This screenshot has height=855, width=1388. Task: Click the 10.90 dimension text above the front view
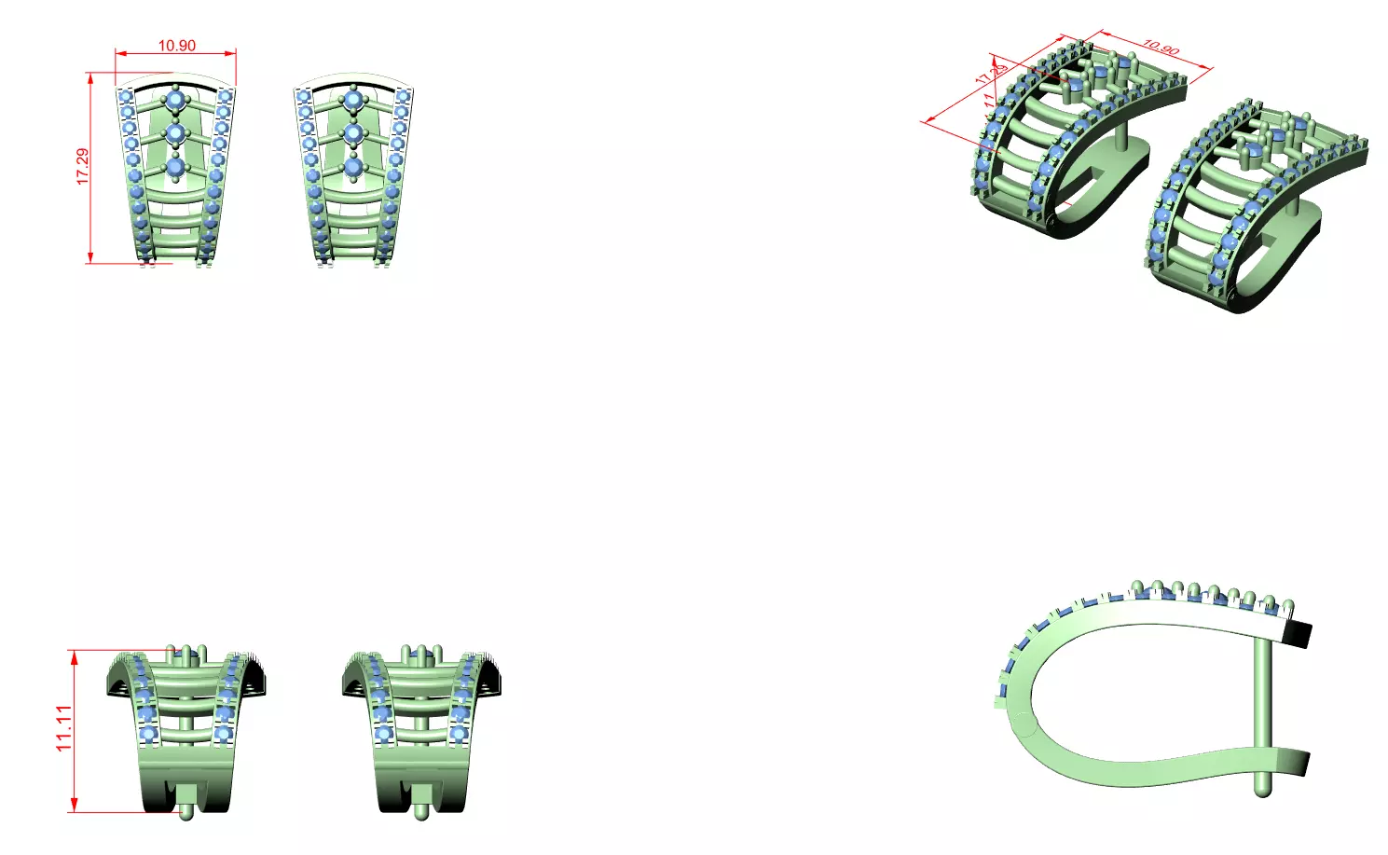pyautogui.click(x=176, y=46)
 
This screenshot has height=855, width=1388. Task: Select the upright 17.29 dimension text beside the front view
pyautogui.click(x=83, y=166)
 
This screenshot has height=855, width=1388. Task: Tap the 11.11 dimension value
pyautogui.click(x=63, y=728)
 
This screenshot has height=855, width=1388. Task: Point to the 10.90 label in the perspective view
pyautogui.click(x=1161, y=47)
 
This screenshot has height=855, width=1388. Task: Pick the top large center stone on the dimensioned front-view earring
pyautogui.click(x=175, y=99)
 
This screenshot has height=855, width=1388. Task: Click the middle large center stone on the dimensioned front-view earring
pyautogui.click(x=175, y=133)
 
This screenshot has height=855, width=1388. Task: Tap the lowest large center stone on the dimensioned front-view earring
pyautogui.click(x=175, y=168)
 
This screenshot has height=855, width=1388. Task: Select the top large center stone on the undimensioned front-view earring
pyautogui.click(x=353, y=99)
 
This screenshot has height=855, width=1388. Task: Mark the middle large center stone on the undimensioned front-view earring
pyautogui.click(x=353, y=133)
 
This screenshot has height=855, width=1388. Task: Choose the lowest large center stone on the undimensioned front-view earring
pyautogui.click(x=353, y=168)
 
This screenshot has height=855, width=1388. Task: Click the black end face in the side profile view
pyautogui.click(x=1298, y=634)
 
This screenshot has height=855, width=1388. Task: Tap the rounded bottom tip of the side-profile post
pyautogui.click(x=1262, y=791)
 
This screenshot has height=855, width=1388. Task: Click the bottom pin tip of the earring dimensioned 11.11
pyautogui.click(x=187, y=814)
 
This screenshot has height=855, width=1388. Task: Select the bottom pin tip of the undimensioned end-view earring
pyautogui.click(x=421, y=814)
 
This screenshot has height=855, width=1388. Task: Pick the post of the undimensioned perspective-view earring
pyautogui.click(x=1293, y=204)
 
